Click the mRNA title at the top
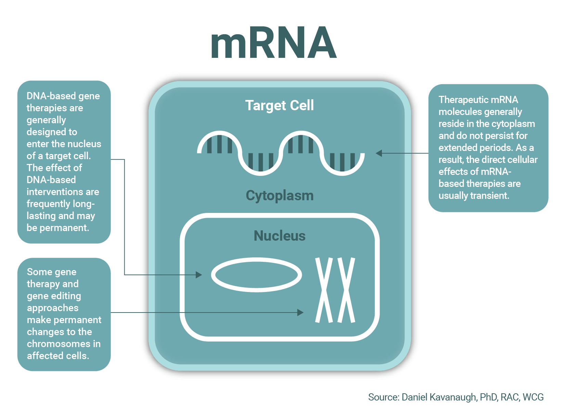[x=274, y=43]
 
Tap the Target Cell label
[x=279, y=105]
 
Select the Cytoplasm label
[x=280, y=195]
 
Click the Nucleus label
[x=280, y=236]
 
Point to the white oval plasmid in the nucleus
[x=256, y=275]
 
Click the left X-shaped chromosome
[x=324, y=290]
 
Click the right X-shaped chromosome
[x=346, y=290]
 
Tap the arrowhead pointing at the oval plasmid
[x=198, y=275]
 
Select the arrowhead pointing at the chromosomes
[x=300, y=312]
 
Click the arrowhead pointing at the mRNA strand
[x=379, y=153]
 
